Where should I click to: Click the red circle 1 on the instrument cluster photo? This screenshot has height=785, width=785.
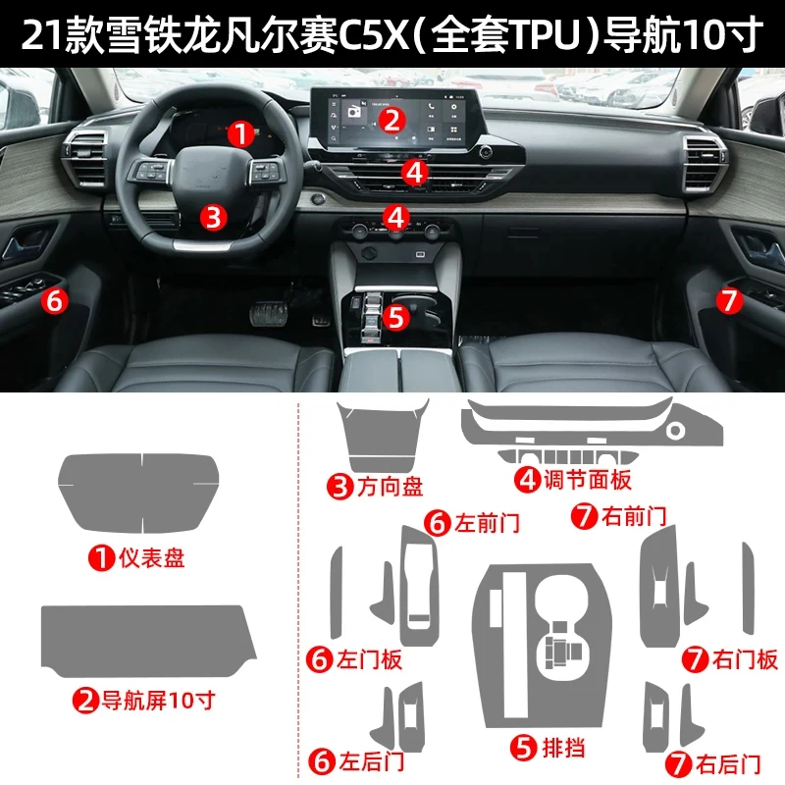(x=239, y=133)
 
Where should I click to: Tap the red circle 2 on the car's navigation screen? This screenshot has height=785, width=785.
(x=392, y=120)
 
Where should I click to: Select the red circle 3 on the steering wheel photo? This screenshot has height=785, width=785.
(x=214, y=216)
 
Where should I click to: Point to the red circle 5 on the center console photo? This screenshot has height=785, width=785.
(x=395, y=317)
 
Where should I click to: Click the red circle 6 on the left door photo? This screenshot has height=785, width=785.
(x=55, y=300)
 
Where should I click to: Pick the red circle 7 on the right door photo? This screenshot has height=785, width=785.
(x=728, y=300)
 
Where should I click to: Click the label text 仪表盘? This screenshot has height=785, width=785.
(x=151, y=560)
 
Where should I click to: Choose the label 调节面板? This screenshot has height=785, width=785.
(x=588, y=479)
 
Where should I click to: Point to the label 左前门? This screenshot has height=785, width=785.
(x=486, y=522)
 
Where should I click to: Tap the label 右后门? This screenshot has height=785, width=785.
(x=723, y=760)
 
